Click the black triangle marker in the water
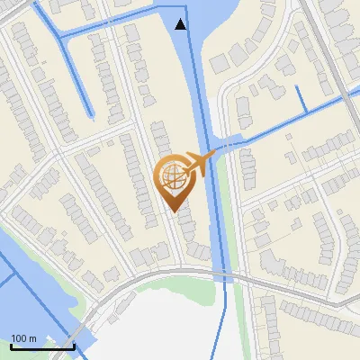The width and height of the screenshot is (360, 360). click(181, 23)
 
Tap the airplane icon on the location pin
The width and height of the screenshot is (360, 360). click(198, 163)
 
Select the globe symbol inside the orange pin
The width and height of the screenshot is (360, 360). click(171, 175)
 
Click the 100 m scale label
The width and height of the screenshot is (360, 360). click(23, 338)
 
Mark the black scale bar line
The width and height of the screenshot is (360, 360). click(41, 346)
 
